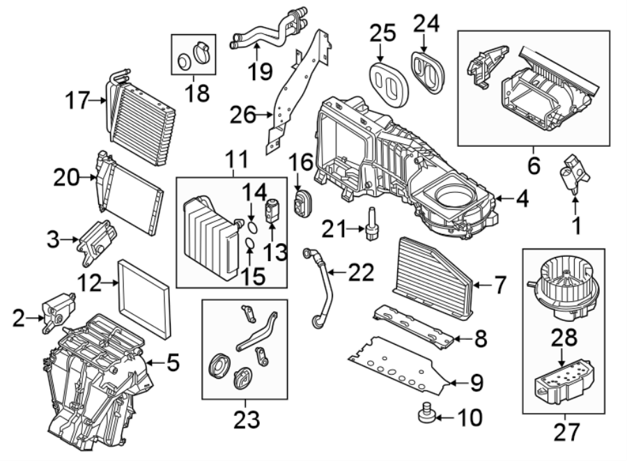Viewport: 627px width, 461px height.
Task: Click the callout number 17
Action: click(x=78, y=101)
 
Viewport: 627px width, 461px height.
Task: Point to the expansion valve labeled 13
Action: click(x=272, y=209)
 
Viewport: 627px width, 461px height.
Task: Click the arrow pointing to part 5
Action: click(x=155, y=363)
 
